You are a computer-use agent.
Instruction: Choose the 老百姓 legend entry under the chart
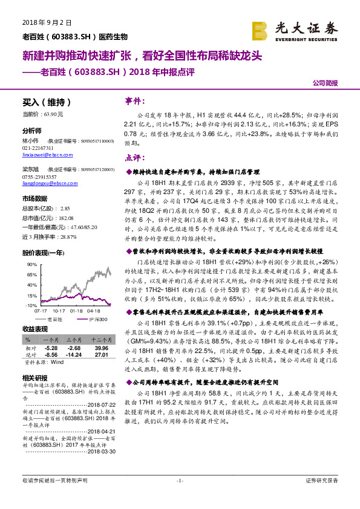point(50,319)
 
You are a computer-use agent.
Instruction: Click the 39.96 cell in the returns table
point(100,348)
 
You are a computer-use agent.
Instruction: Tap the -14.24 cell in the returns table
point(74,354)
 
